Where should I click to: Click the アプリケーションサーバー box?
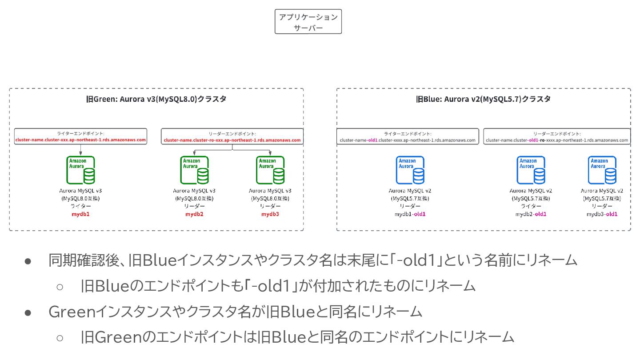pos(308,22)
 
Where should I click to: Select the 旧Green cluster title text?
pos(156,99)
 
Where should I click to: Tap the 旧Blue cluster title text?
pos(483,99)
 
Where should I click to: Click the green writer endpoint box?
pos(80,136)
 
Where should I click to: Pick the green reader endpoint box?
pos(232,136)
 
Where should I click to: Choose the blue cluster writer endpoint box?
pos(408,136)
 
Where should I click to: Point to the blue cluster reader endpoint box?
pos(557,136)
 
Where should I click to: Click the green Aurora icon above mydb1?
pos(80,170)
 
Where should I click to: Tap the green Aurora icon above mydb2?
pos(195,170)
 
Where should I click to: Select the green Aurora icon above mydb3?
pos(271,170)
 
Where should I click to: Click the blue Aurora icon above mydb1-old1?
pos(410,170)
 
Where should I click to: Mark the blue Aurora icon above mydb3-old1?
pos(602,170)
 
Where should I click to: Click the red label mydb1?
pos(80,214)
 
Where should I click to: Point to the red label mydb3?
pos(271,214)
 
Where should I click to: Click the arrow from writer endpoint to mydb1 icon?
pos(80,149)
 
